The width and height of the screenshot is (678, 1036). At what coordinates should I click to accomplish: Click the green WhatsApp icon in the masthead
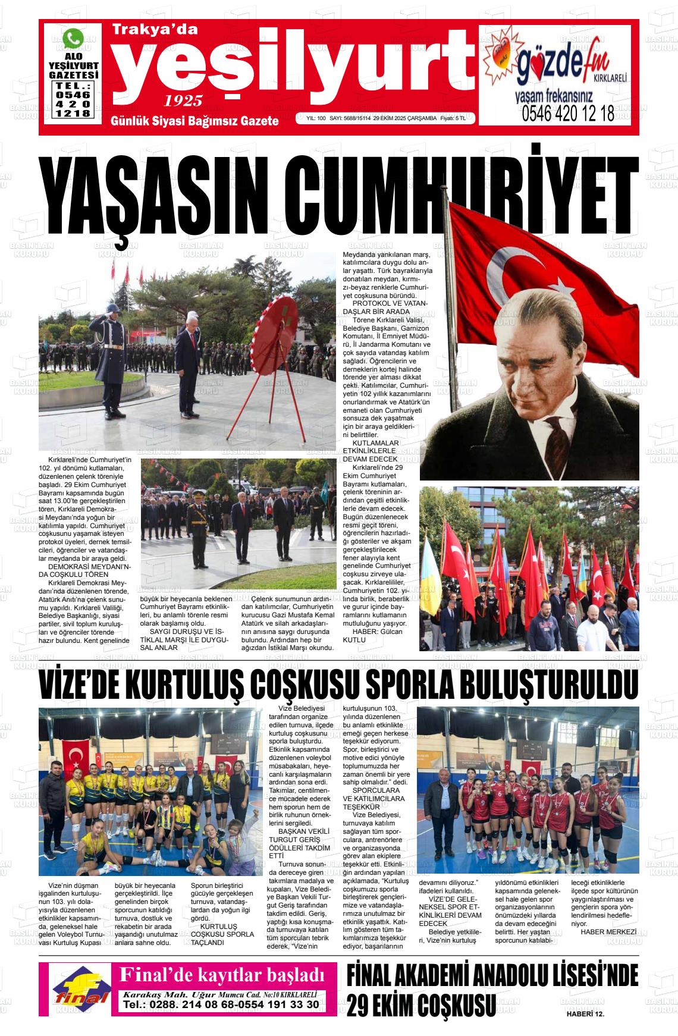(x=73, y=39)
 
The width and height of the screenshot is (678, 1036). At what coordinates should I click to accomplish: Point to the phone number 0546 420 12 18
(x=568, y=114)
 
